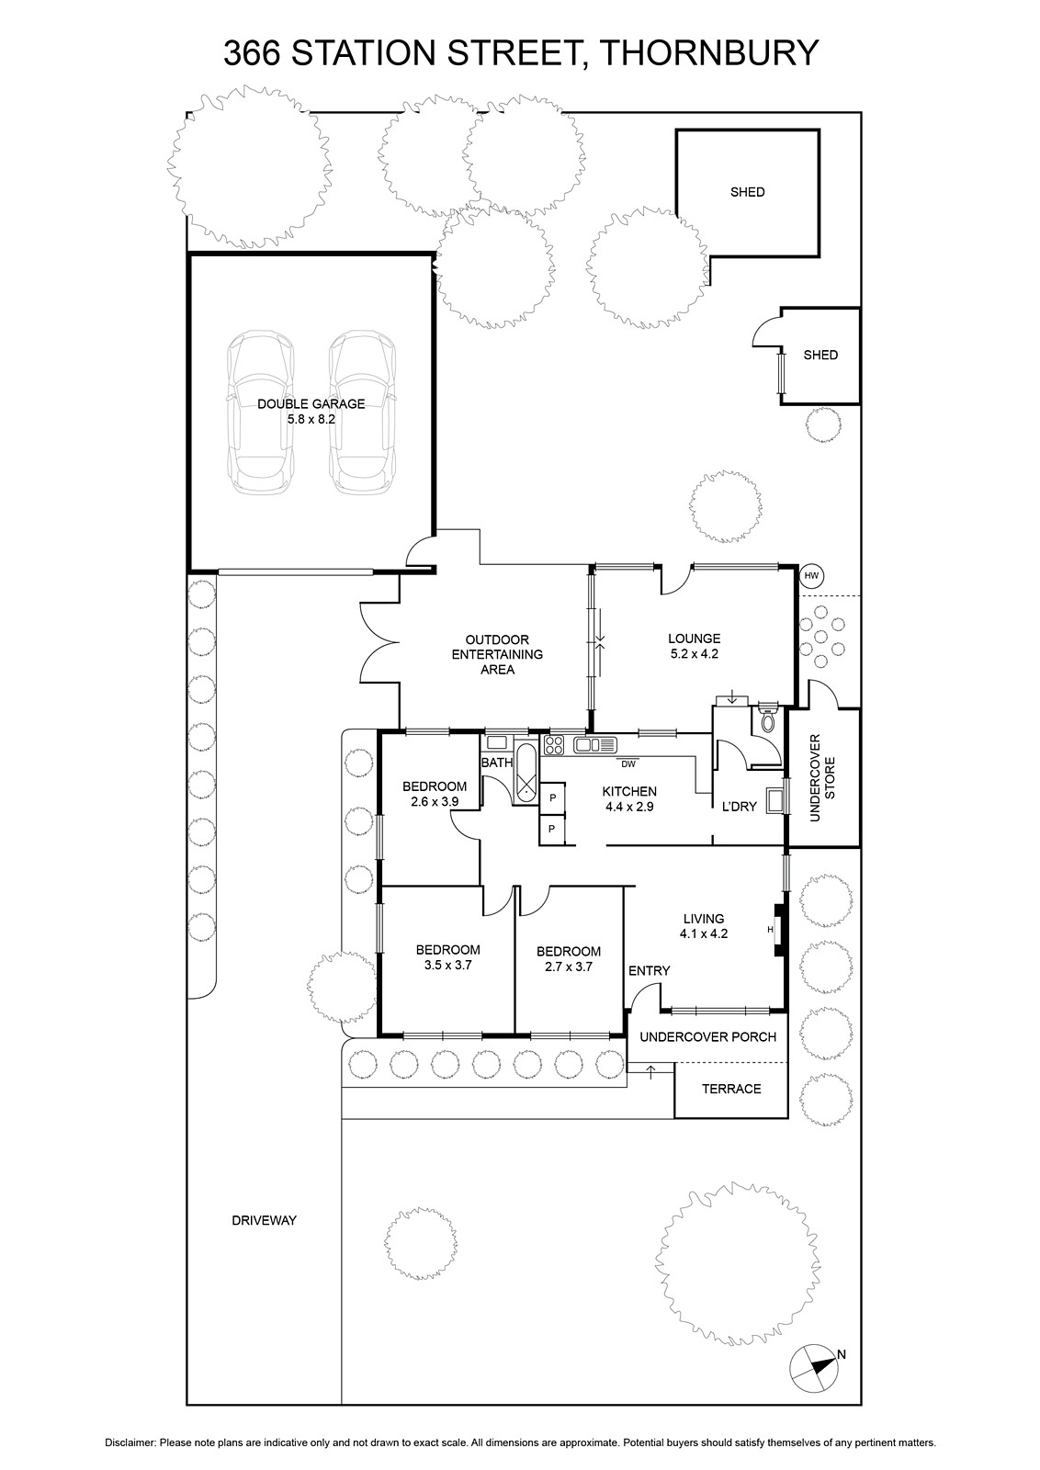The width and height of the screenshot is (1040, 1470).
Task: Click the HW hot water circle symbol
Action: click(x=811, y=576)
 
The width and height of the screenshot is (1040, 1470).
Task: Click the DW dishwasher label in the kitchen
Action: click(x=627, y=763)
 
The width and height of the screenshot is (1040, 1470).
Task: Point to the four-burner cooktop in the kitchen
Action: click(x=554, y=745)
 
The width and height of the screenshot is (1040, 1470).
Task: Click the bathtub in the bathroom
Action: click(x=526, y=774)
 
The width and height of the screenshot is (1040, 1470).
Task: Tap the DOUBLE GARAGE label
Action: click(x=311, y=404)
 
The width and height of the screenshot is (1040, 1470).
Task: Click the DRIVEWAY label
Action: click(x=265, y=1221)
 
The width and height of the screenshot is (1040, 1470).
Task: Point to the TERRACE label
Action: click(x=731, y=1089)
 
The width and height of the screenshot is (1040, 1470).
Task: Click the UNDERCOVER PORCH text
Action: click(x=708, y=1037)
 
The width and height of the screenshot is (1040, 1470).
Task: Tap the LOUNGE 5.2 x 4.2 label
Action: click(x=695, y=646)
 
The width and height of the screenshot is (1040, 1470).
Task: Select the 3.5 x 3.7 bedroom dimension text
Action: click(x=448, y=966)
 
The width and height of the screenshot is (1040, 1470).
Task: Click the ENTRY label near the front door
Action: click(x=649, y=970)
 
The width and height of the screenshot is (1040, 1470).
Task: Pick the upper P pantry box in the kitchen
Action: click(x=552, y=797)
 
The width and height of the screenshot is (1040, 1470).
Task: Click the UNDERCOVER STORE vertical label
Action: click(x=822, y=777)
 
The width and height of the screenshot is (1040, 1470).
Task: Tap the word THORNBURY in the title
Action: click(x=710, y=53)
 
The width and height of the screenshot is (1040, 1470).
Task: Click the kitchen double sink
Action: click(x=595, y=745)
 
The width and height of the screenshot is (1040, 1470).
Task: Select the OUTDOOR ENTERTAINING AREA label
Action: click(x=497, y=654)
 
